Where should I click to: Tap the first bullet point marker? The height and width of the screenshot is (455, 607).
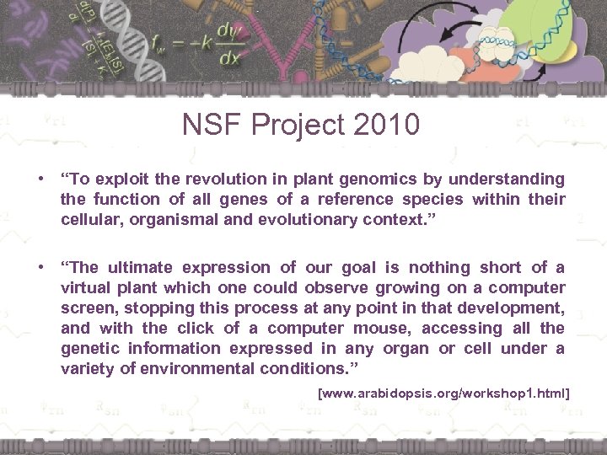click(40, 179)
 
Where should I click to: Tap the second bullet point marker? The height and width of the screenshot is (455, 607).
click(40, 268)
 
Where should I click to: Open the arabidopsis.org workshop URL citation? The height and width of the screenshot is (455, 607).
click(443, 393)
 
